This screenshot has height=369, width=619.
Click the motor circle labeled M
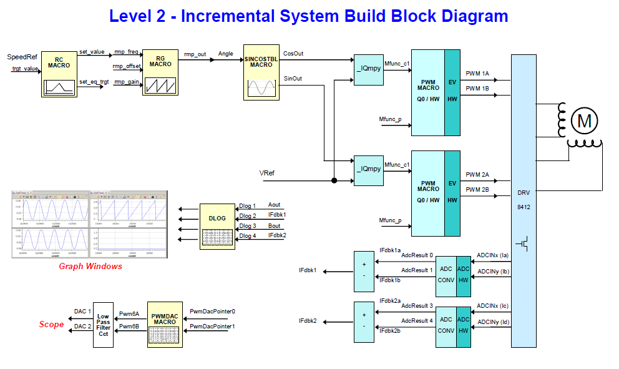click(584, 121)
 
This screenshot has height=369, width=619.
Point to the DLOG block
click(217, 226)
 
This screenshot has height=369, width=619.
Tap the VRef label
click(267, 173)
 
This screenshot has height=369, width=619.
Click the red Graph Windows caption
click(90, 267)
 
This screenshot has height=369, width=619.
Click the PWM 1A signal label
click(477, 74)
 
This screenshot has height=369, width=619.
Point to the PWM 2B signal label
click(477, 189)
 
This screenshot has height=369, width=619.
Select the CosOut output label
click(293, 54)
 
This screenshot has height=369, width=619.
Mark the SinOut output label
click(293, 79)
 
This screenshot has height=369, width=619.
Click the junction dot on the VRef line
click(334, 181)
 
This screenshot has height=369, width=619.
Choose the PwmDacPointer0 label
click(212, 311)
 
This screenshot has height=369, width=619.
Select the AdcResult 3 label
click(417, 306)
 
